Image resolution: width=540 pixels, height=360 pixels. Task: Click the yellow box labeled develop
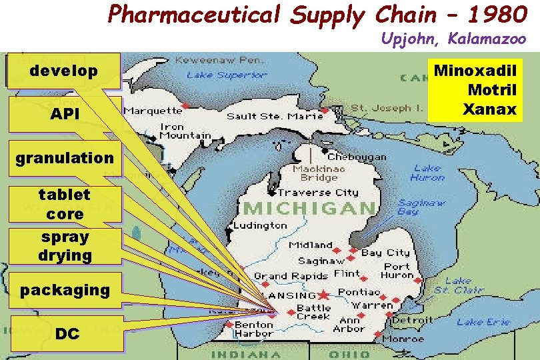63,71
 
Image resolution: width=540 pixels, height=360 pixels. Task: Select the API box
65,115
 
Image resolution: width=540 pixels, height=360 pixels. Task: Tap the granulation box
65,158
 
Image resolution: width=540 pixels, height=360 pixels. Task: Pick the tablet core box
65,204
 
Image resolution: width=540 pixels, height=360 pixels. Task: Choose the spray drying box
65,246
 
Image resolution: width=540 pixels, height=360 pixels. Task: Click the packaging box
65,290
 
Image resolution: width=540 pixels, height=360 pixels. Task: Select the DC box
67,333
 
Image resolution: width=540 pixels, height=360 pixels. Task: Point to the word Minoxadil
475,70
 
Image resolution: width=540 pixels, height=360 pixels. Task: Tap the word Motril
492,89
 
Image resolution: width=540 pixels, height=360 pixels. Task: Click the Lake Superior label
227,75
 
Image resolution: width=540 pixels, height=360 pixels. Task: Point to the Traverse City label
318,192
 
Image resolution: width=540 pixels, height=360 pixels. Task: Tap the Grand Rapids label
291,275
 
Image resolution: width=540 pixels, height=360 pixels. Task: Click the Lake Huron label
427,173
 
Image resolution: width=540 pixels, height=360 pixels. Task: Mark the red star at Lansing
324,294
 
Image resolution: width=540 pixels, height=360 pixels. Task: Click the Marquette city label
152,109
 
